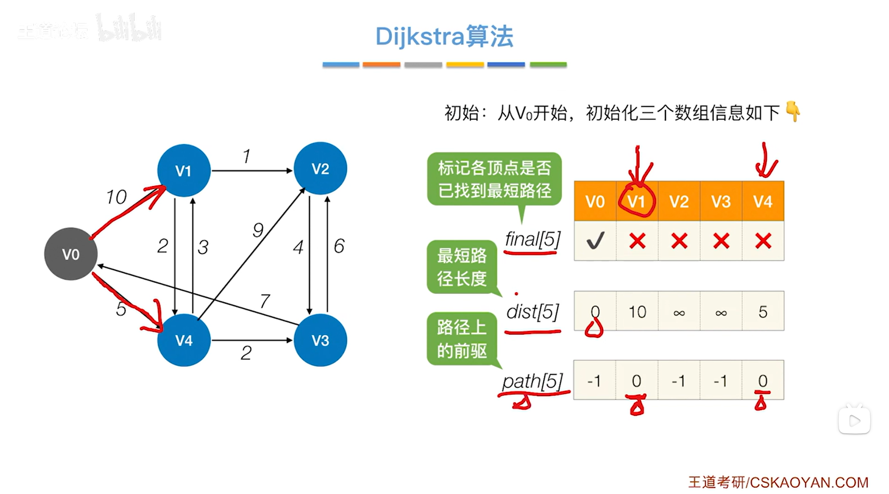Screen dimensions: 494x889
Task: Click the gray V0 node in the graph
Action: pos(71,254)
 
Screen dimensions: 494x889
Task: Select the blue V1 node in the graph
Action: pos(184,171)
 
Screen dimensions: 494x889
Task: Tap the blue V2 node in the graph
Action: pos(320,168)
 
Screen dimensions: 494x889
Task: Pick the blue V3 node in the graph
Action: pos(320,340)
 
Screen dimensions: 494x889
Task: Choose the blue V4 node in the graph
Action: pos(184,340)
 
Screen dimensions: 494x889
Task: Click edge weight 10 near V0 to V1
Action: pos(116,197)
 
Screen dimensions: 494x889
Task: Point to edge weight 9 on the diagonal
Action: pos(258,230)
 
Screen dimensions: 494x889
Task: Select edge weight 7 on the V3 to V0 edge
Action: pos(265,300)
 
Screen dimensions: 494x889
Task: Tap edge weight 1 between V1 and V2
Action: pos(246,156)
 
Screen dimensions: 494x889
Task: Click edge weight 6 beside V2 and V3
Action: pos(339,246)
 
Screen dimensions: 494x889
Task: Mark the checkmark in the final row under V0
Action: pos(595,241)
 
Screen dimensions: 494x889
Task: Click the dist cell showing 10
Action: pos(637,312)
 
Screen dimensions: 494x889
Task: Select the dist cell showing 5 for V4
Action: pos(763,312)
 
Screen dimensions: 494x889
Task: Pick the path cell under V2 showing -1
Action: pos(679,381)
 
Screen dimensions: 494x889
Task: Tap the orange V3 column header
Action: pos(721,202)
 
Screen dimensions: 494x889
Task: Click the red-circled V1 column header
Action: pos(637,202)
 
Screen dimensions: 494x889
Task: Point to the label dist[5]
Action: pos(532,312)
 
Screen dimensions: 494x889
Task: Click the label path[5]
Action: pos(532,381)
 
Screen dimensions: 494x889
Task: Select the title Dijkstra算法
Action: pos(444,36)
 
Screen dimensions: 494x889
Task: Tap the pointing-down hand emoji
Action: pos(793,111)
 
